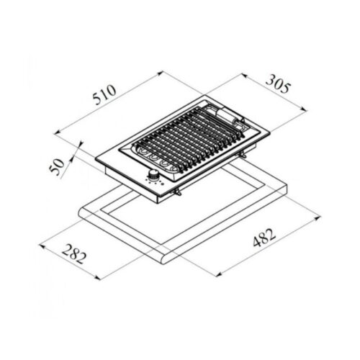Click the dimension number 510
104,94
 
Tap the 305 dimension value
278,84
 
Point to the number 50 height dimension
57,166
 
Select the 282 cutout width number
74,253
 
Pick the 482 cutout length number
264,238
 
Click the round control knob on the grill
152,174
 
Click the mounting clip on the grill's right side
243,155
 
